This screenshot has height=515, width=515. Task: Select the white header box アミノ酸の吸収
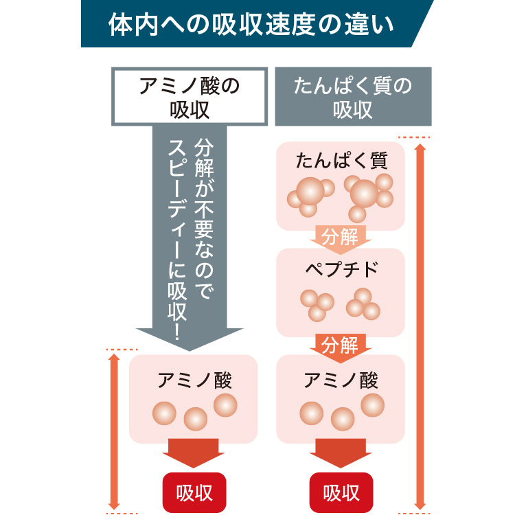pos(189,96)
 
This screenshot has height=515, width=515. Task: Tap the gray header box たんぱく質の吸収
pos(353,96)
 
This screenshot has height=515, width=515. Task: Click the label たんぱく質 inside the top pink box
pos(341,161)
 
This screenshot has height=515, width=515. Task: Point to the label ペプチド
pos(341,268)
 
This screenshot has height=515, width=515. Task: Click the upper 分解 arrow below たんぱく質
pos(340,238)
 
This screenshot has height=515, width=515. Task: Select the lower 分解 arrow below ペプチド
pos(340,345)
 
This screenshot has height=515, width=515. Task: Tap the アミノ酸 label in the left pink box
pos(194,380)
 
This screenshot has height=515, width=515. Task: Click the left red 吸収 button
pos(194,492)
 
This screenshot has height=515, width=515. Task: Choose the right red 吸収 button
pos(341,492)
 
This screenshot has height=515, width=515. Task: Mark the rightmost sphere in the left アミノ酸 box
pos(225,404)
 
